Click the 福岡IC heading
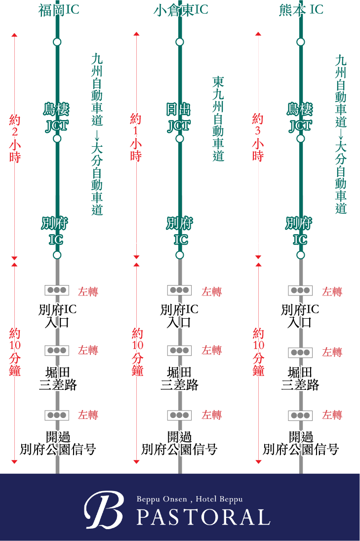[59, 10]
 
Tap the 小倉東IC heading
[181, 10]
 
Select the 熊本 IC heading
[301, 10]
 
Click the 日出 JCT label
[179, 118]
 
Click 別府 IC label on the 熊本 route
[300, 231]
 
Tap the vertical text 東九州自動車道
[218, 119]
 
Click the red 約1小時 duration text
[136, 137]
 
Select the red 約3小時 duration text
[258, 137]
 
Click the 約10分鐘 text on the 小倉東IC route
[138, 352]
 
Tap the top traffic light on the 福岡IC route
[57, 290]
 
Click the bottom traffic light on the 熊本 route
[300, 416]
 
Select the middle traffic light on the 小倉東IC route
[179, 350]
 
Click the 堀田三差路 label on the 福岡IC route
[58, 378]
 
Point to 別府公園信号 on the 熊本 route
[301, 443]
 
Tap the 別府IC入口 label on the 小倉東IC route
[179, 316]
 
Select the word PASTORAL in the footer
[203, 517]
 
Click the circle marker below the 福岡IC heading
[57, 42]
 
